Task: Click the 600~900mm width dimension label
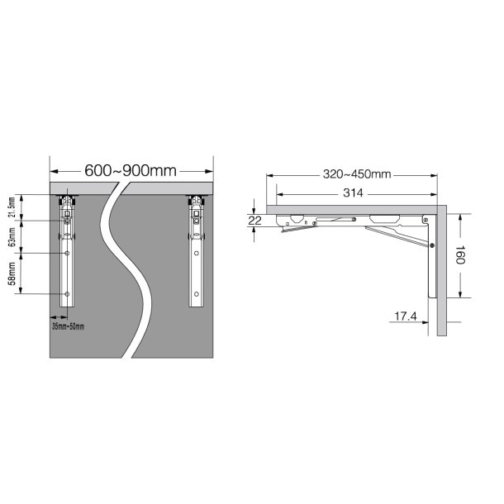click(131, 171)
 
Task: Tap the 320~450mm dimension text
click(357, 174)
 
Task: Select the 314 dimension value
click(353, 193)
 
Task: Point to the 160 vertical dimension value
click(460, 255)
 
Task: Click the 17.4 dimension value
click(405, 316)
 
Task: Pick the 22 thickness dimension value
click(255, 221)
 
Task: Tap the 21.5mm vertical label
click(12, 207)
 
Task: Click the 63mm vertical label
click(12, 237)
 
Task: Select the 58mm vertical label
click(12, 273)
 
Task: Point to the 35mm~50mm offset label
click(68, 326)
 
